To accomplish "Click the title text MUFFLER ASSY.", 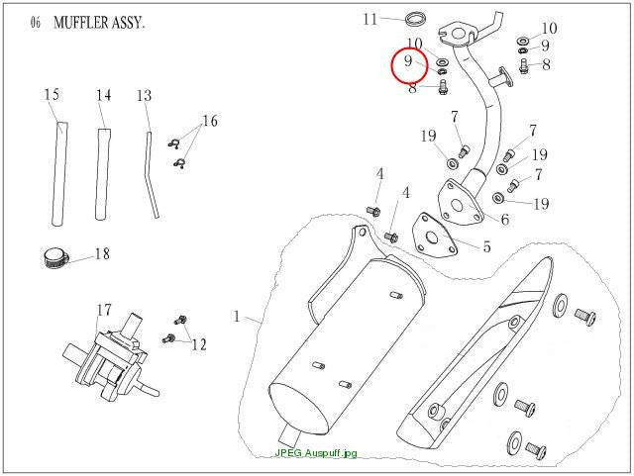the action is tap(99, 23).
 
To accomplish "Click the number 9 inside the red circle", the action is tap(408, 61).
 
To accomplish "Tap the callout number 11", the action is tap(370, 19).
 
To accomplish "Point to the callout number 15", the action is tap(52, 95).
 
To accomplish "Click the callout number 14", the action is tap(103, 95).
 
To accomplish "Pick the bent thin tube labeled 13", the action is tap(152, 174).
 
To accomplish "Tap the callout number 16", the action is tap(210, 121).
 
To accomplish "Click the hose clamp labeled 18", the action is tap(54, 258).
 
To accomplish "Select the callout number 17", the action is tap(104, 310).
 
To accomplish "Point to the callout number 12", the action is tap(199, 344).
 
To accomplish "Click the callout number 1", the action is tap(237, 316).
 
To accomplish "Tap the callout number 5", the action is tap(486, 246).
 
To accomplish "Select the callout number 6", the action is tap(505, 220).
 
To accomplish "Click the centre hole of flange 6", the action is tap(458, 206).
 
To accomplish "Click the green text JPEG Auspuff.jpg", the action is tap(316, 453).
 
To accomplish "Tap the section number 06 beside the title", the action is tap(36, 23).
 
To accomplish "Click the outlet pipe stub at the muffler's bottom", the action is tap(289, 435).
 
